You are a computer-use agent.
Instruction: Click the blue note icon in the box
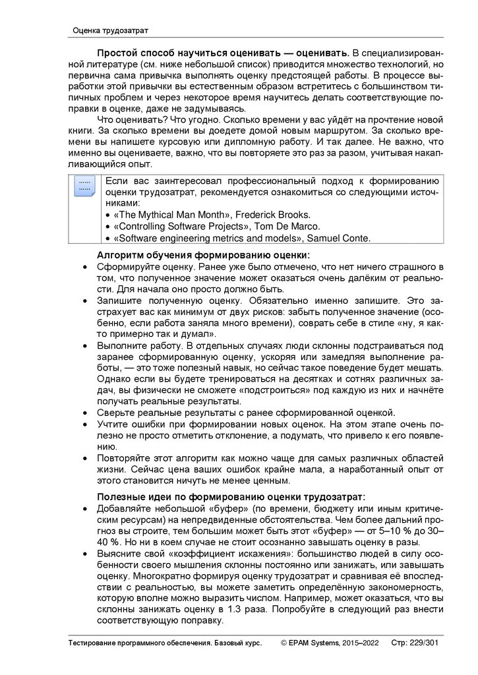click(x=84, y=187)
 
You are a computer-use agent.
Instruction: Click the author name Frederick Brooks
click(x=270, y=215)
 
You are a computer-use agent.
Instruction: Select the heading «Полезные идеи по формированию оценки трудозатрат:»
click(x=231, y=496)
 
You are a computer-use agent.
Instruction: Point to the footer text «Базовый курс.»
click(x=233, y=641)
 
